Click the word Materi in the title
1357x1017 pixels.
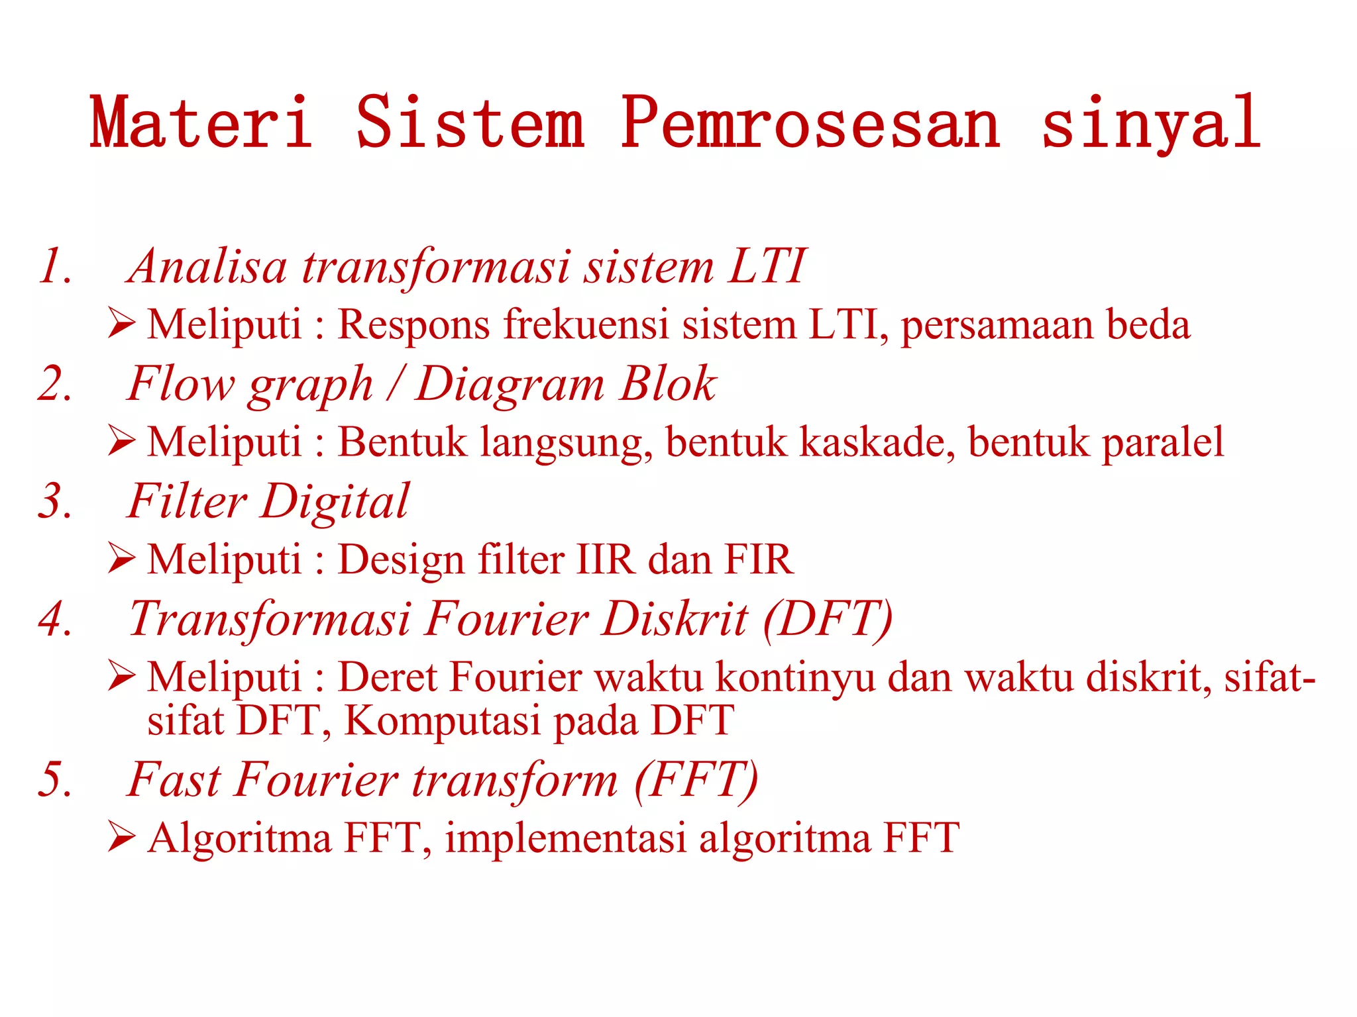201,122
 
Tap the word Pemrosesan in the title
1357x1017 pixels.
810,122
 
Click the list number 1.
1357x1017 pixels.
55,267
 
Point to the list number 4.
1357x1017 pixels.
55,620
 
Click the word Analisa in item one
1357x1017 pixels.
207,267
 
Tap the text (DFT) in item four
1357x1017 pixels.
828,620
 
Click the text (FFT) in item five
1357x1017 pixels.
696,780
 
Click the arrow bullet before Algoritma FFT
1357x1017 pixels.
122,837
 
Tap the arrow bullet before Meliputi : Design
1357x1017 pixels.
122,559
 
